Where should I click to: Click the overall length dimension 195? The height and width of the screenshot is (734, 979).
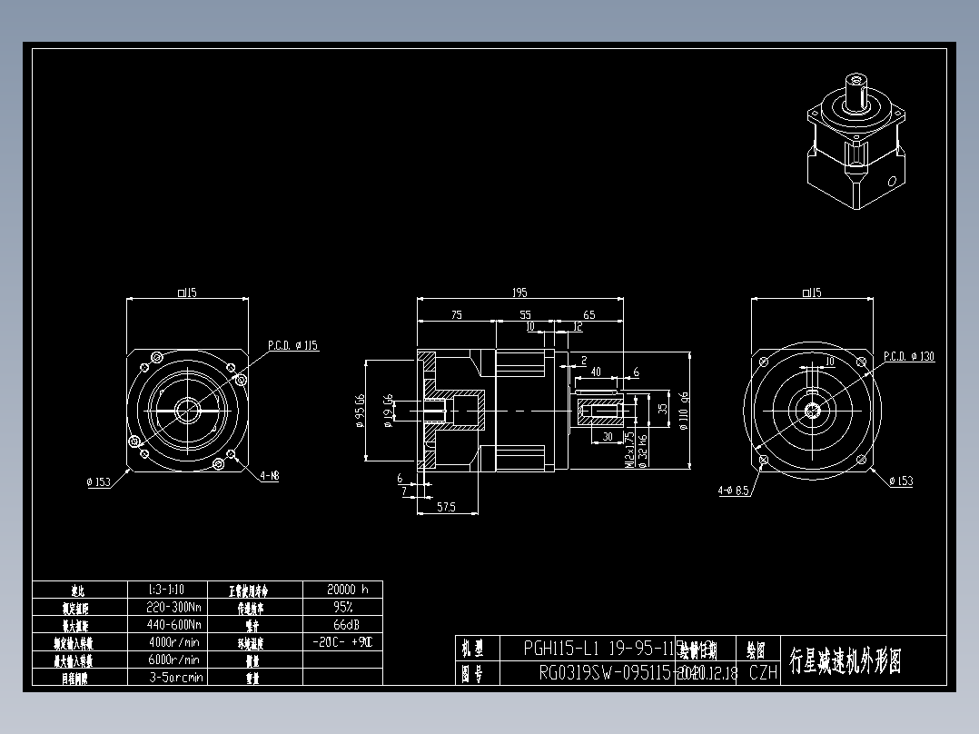(x=519, y=293)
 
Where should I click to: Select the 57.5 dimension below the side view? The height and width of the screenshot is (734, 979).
(x=445, y=507)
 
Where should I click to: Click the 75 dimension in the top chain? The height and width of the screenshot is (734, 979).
(x=456, y=314)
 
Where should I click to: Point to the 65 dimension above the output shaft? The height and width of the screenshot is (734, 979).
(x=588, y=314)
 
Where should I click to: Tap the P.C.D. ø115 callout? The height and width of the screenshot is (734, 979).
(x=293, y=346)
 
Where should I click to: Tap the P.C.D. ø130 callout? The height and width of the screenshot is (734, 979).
(x=908, y=357)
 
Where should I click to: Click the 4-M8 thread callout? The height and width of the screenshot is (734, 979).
(x=270, y=475)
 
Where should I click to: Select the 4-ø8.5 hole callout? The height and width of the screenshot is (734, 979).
(x=733, y=491)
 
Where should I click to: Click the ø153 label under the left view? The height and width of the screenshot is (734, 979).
(x=98, y=481)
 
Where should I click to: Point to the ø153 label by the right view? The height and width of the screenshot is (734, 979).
(x=900, y=481)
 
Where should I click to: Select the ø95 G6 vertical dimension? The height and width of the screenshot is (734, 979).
(x=360, y=410)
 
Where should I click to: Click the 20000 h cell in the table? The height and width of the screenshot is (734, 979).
(x=341, y=589)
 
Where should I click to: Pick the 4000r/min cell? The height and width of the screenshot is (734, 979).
(x=174, y=642)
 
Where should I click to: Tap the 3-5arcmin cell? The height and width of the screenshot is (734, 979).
(x=174, y=677)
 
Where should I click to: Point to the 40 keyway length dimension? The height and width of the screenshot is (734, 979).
(x=596, y=372)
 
